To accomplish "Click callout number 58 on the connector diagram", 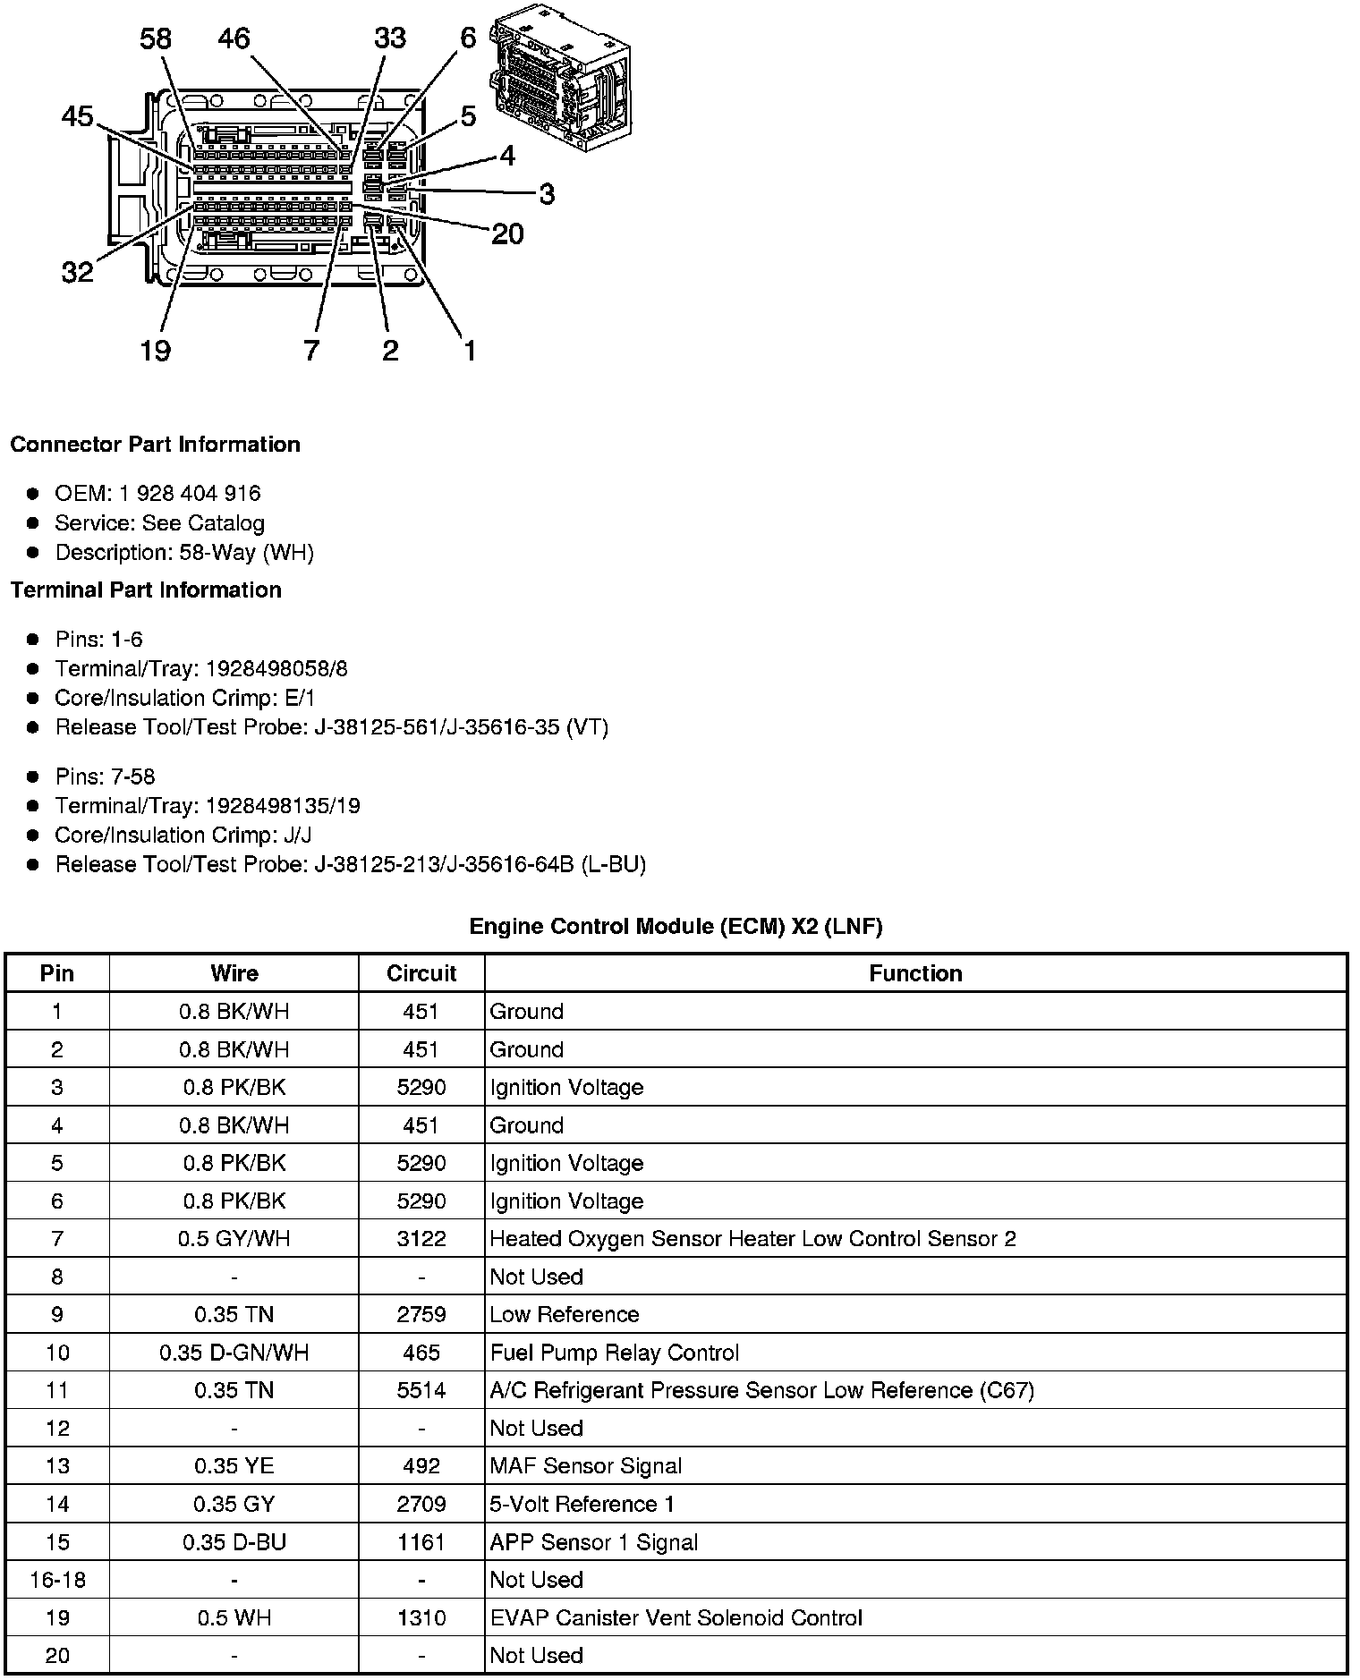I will [x=156, y=39].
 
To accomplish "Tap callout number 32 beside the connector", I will [x=77, y=271].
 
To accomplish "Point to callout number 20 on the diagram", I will [x=507, y=234].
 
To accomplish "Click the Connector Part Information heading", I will [x=155, y=445].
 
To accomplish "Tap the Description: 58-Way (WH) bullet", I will [x=184, y=552].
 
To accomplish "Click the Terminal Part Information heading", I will [x=146, y=590].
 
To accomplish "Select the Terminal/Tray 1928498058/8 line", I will [x=201, y=668].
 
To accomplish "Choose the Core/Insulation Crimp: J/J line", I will [x=183, y=835].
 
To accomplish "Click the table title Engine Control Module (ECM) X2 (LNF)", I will [x=676, y=927].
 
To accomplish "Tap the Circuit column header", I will [x=421, y=973].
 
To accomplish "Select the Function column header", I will [x=915, y=973].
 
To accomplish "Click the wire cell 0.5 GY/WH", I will [x=234, y=1239].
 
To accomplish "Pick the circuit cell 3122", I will [x=421, y=1239].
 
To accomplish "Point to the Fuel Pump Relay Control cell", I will [x=615, y=1353].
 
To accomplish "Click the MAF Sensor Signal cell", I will [x=586, y=1466].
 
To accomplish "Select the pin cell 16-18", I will [x=57, y=1580].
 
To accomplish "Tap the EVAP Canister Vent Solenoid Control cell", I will [x=676, y=1617].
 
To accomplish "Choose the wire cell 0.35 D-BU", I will [x=234, y=1542].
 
